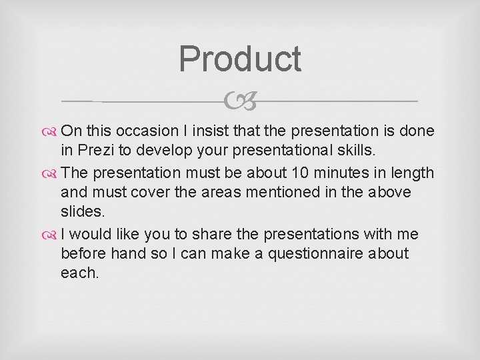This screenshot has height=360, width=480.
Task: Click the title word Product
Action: (x=240, y=59)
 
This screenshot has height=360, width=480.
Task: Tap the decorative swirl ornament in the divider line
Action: (x=240, y=101)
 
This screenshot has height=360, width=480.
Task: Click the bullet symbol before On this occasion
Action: (x=53, y=131)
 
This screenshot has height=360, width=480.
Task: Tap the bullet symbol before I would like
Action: (x=53, y=235)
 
